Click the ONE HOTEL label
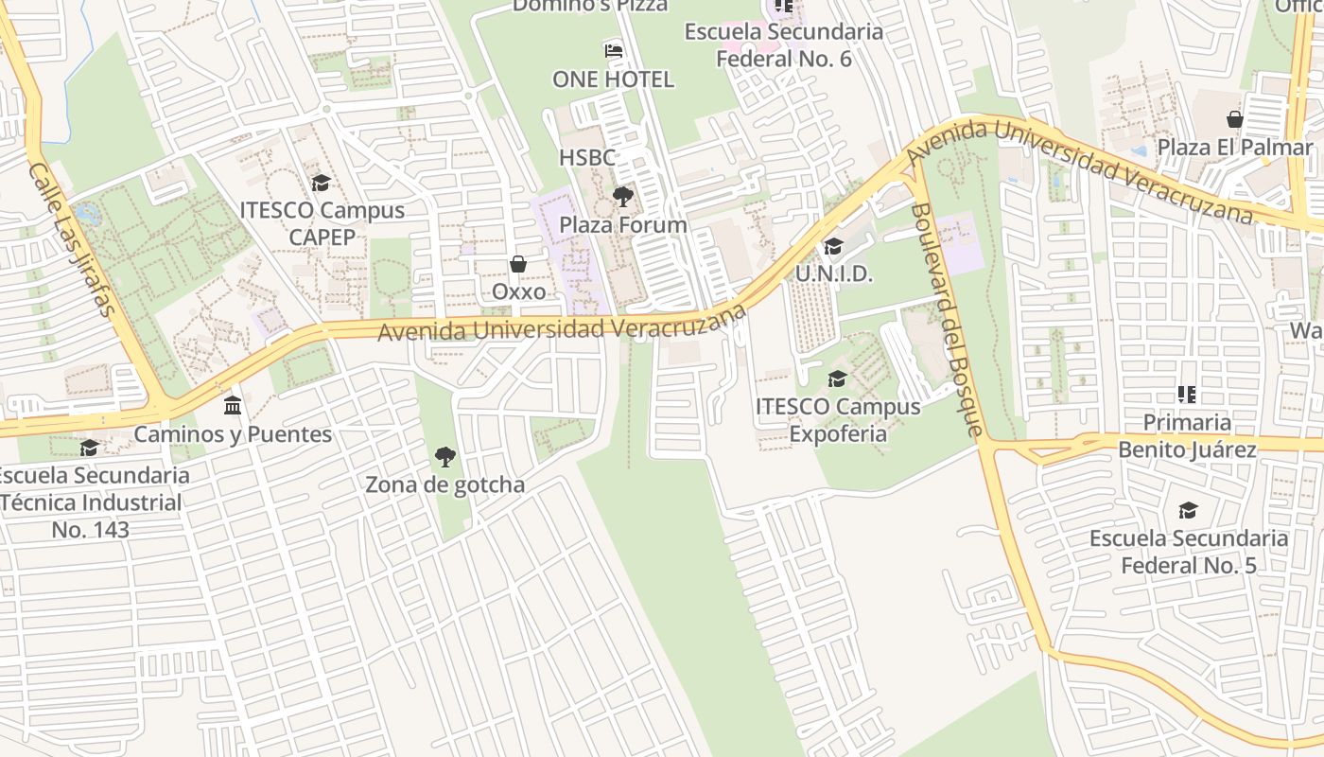(x=613, y=79)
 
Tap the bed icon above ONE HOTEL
(x=613, y=50)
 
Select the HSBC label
(x=586, y=157)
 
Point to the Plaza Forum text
(x=622, y=225)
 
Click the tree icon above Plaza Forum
(x=622, y=197)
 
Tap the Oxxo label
(x=519, y=291)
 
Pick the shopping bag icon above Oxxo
(x=518, y=264)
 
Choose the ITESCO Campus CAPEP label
(x=322, y=223)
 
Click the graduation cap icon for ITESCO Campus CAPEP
(x=322, y=183)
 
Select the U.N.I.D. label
(x=833, y=274)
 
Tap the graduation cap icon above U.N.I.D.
(x=833, y=247)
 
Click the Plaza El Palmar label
(x=1235, y=148)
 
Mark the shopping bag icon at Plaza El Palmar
(x=1235, y=119)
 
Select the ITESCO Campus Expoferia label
(x=837, y=420)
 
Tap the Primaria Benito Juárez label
(x=1187, y=435)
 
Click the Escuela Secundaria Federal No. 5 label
(x=1188, y=552)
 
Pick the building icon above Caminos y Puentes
(x=233, y=406)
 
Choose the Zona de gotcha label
(x=444, y=485)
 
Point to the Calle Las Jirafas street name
(x=72, y=239)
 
